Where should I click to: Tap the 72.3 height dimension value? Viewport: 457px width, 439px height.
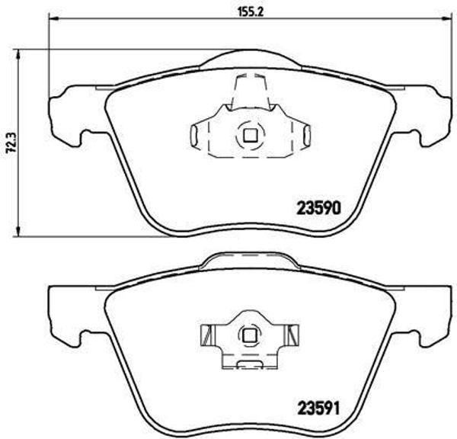click(9, 143)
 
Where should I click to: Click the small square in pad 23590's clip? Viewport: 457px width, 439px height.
click(248, 136)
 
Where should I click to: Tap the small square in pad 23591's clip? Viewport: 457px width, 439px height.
click(248, 335)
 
